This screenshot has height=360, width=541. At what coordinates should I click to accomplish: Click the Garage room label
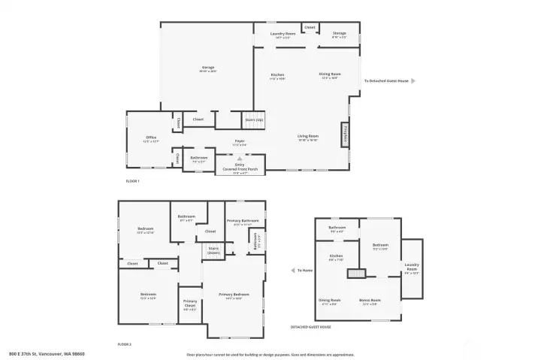(x=207, y=69)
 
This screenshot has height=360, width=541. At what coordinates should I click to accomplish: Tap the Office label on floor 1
(x=151, y=139)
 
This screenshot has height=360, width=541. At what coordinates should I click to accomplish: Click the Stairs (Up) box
(x=253, y=119)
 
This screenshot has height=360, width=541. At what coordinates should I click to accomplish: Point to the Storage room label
(x=340, y=35)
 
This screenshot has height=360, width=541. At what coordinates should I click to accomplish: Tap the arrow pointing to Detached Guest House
(x=413, y=80)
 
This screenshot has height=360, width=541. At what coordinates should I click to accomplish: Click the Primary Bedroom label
(x=234, y=296)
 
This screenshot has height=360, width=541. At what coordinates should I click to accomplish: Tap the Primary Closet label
(x=190, y=304)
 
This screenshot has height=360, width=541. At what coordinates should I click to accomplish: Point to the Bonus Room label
(x=370, y=301)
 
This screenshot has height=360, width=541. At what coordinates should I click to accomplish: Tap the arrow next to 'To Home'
(x=292, y=271)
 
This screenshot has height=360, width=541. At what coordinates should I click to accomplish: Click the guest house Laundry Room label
(x=412, y=267)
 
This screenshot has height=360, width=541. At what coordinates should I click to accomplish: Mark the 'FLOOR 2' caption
(x=124, y=343)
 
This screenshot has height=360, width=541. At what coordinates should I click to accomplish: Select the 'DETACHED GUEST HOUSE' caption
(x=310, y=327)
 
